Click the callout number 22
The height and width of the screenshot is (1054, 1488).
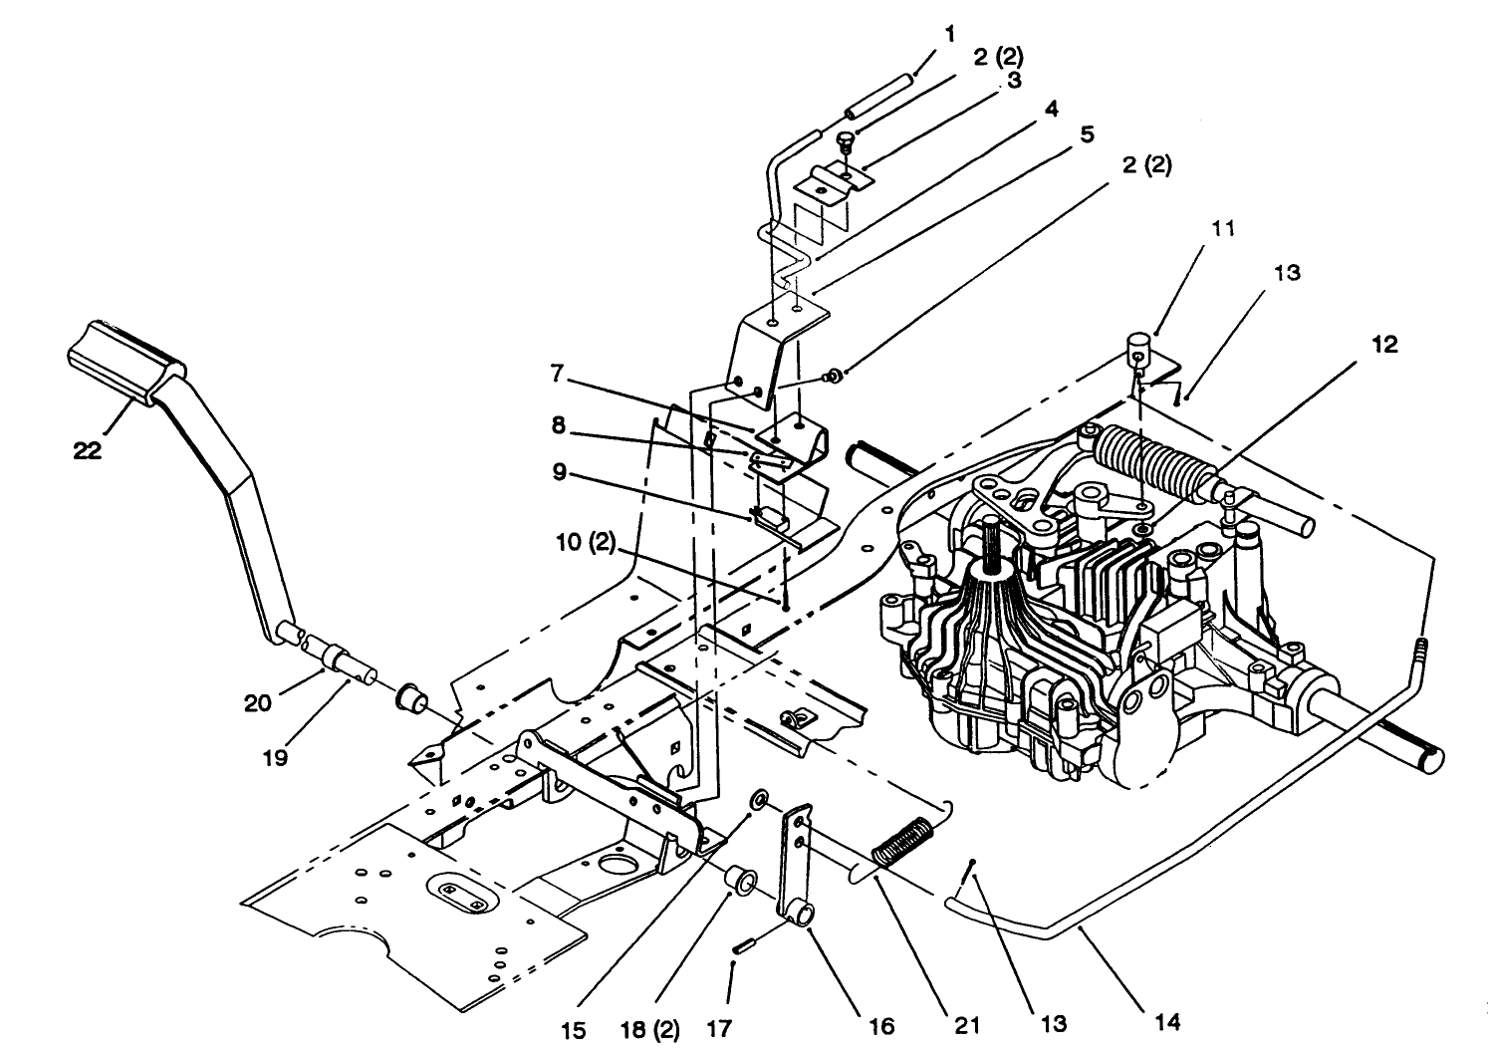tap(87, 451)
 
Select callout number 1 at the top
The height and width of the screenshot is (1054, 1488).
tap(949, 34)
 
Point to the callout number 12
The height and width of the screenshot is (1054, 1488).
tap(1384, 345)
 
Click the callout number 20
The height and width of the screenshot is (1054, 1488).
tap(257, 703)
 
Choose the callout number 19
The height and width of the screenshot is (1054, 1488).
tap(276, 758)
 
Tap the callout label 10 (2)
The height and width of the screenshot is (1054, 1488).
tap(587, 543)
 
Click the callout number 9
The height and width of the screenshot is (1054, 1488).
tap(561, 472)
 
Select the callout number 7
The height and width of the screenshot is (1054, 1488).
tap(560, 374)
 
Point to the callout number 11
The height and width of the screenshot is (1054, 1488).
tap(1223, 228)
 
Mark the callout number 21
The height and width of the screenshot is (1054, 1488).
tap(967, 1024)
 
